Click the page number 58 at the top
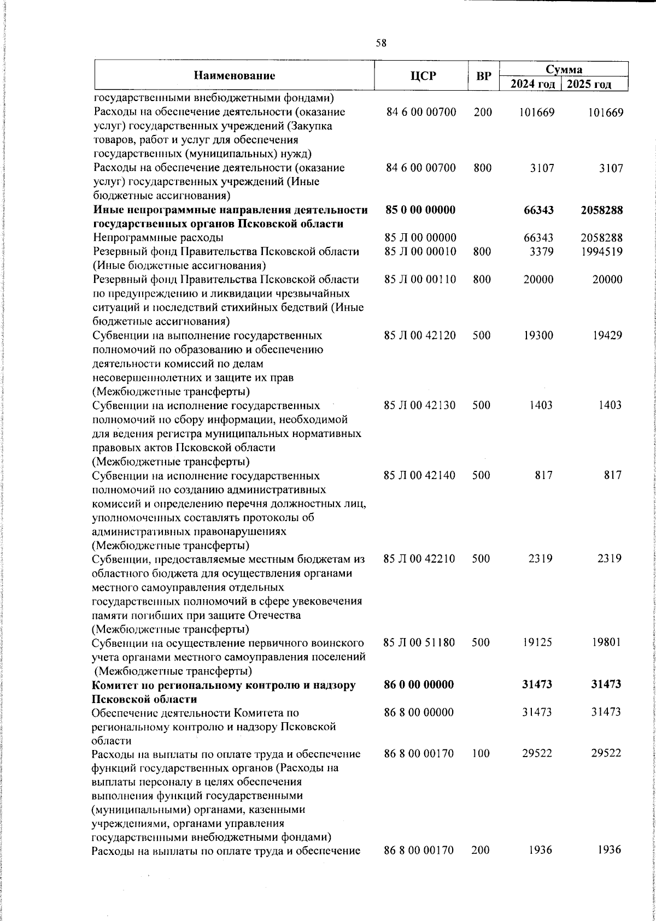click(x=381, y=43)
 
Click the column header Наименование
click(x=234, y=75)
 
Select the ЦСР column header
click(x=423, y=75)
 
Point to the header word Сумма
click(x=564, y=69)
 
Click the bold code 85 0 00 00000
click(x=420, y=210)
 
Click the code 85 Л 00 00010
click(x=420, y=252)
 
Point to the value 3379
click(x=542, y=252)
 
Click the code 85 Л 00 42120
click(x=420, y=335)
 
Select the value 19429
click(x=607, y=335)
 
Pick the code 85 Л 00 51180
click(x=420, y=642)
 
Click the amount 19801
click(x=607, y=642)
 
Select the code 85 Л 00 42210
click(x=420, y=559)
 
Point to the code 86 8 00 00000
click(x=419, y=712)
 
